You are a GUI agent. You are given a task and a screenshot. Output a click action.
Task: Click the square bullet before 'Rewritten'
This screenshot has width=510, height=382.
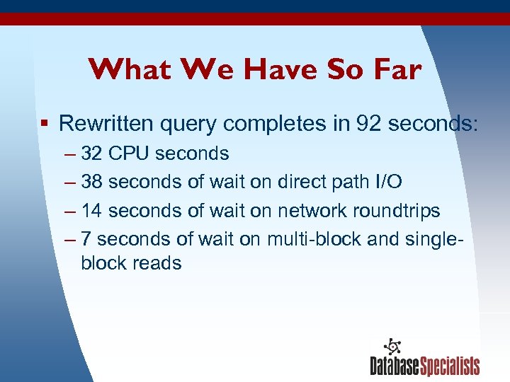44,124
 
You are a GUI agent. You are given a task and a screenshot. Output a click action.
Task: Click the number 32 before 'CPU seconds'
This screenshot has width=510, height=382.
91,154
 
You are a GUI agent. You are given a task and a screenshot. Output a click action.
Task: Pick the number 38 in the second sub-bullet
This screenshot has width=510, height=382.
91,183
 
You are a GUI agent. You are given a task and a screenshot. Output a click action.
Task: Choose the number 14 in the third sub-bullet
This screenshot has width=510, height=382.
91,211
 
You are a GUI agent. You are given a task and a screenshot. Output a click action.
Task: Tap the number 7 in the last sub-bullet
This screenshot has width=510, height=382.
86,239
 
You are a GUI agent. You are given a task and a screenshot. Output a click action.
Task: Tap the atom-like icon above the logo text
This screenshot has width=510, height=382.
392,346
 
